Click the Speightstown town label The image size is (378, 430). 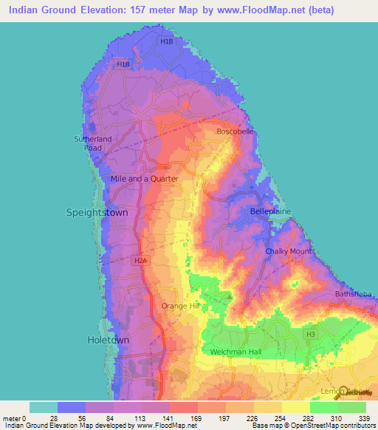[97, 212]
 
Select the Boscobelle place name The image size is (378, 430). [235, 132]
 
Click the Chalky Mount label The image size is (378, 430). [288, 252]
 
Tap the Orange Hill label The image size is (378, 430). [181, 306]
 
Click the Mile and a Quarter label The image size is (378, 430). [144, 179]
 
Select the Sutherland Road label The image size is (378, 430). [93, 143]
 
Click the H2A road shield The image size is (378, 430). [141, 261]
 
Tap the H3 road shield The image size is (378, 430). [311, 335]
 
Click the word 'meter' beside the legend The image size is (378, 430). [13, 418]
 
